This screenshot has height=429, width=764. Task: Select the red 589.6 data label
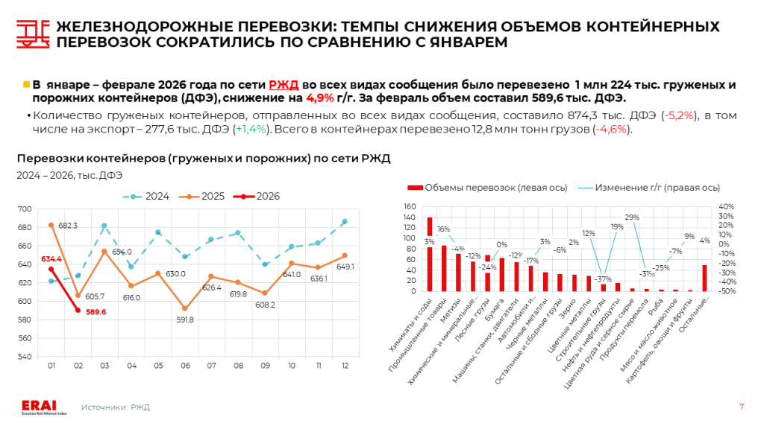pyautogui.click(x=95, y=312)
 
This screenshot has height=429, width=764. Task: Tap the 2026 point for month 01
pyautogui.click(x=51, y=269)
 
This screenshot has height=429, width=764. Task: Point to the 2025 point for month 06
pyautogui.click(x=185, y=308)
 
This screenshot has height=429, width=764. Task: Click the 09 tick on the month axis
pyautogui.click(x=266, y=366)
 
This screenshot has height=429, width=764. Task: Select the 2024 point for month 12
pyautogui.click(x=344, y=221)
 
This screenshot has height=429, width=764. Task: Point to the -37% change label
pyautogui.click(x=603, y=279)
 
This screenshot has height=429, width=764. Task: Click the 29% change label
pyautogui.click(x=631, y=217)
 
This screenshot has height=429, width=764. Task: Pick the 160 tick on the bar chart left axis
pyautogui.click(x=409, y=206)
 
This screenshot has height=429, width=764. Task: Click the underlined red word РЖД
pyautogui.click(x=284, y=85)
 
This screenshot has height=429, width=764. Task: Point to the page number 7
pyautogui.click(x=741, y=406)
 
